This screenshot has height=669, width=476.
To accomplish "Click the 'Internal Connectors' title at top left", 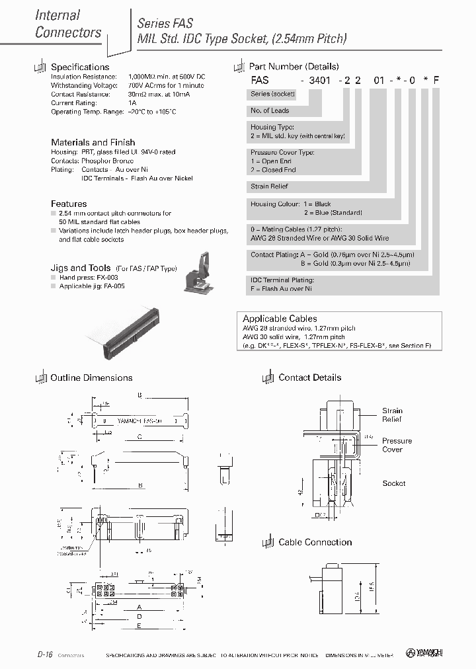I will click(x=67, y=23).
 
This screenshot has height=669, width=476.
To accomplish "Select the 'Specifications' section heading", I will click(x=80, y=67).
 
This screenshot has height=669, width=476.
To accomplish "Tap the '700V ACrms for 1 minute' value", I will click(x=167, y=85).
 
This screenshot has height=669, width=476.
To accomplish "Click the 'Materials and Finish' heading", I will click(x=93, y=142).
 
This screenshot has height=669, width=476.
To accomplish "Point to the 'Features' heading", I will click(x=69, y=204).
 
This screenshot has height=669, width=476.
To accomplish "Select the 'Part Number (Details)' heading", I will click(x=294, y=66).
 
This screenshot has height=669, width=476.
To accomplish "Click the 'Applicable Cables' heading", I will click(x=280, y=318).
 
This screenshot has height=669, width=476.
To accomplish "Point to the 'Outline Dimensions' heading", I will click(x=91, y=377).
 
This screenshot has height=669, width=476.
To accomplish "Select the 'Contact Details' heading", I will click(x=309, y=377).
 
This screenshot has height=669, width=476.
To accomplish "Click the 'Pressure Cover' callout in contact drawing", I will click(x=397, y=445).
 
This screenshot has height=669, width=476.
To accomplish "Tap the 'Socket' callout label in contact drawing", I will click(x=394, y=483).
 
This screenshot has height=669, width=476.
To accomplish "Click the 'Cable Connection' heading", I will click(x=315, y=542).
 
